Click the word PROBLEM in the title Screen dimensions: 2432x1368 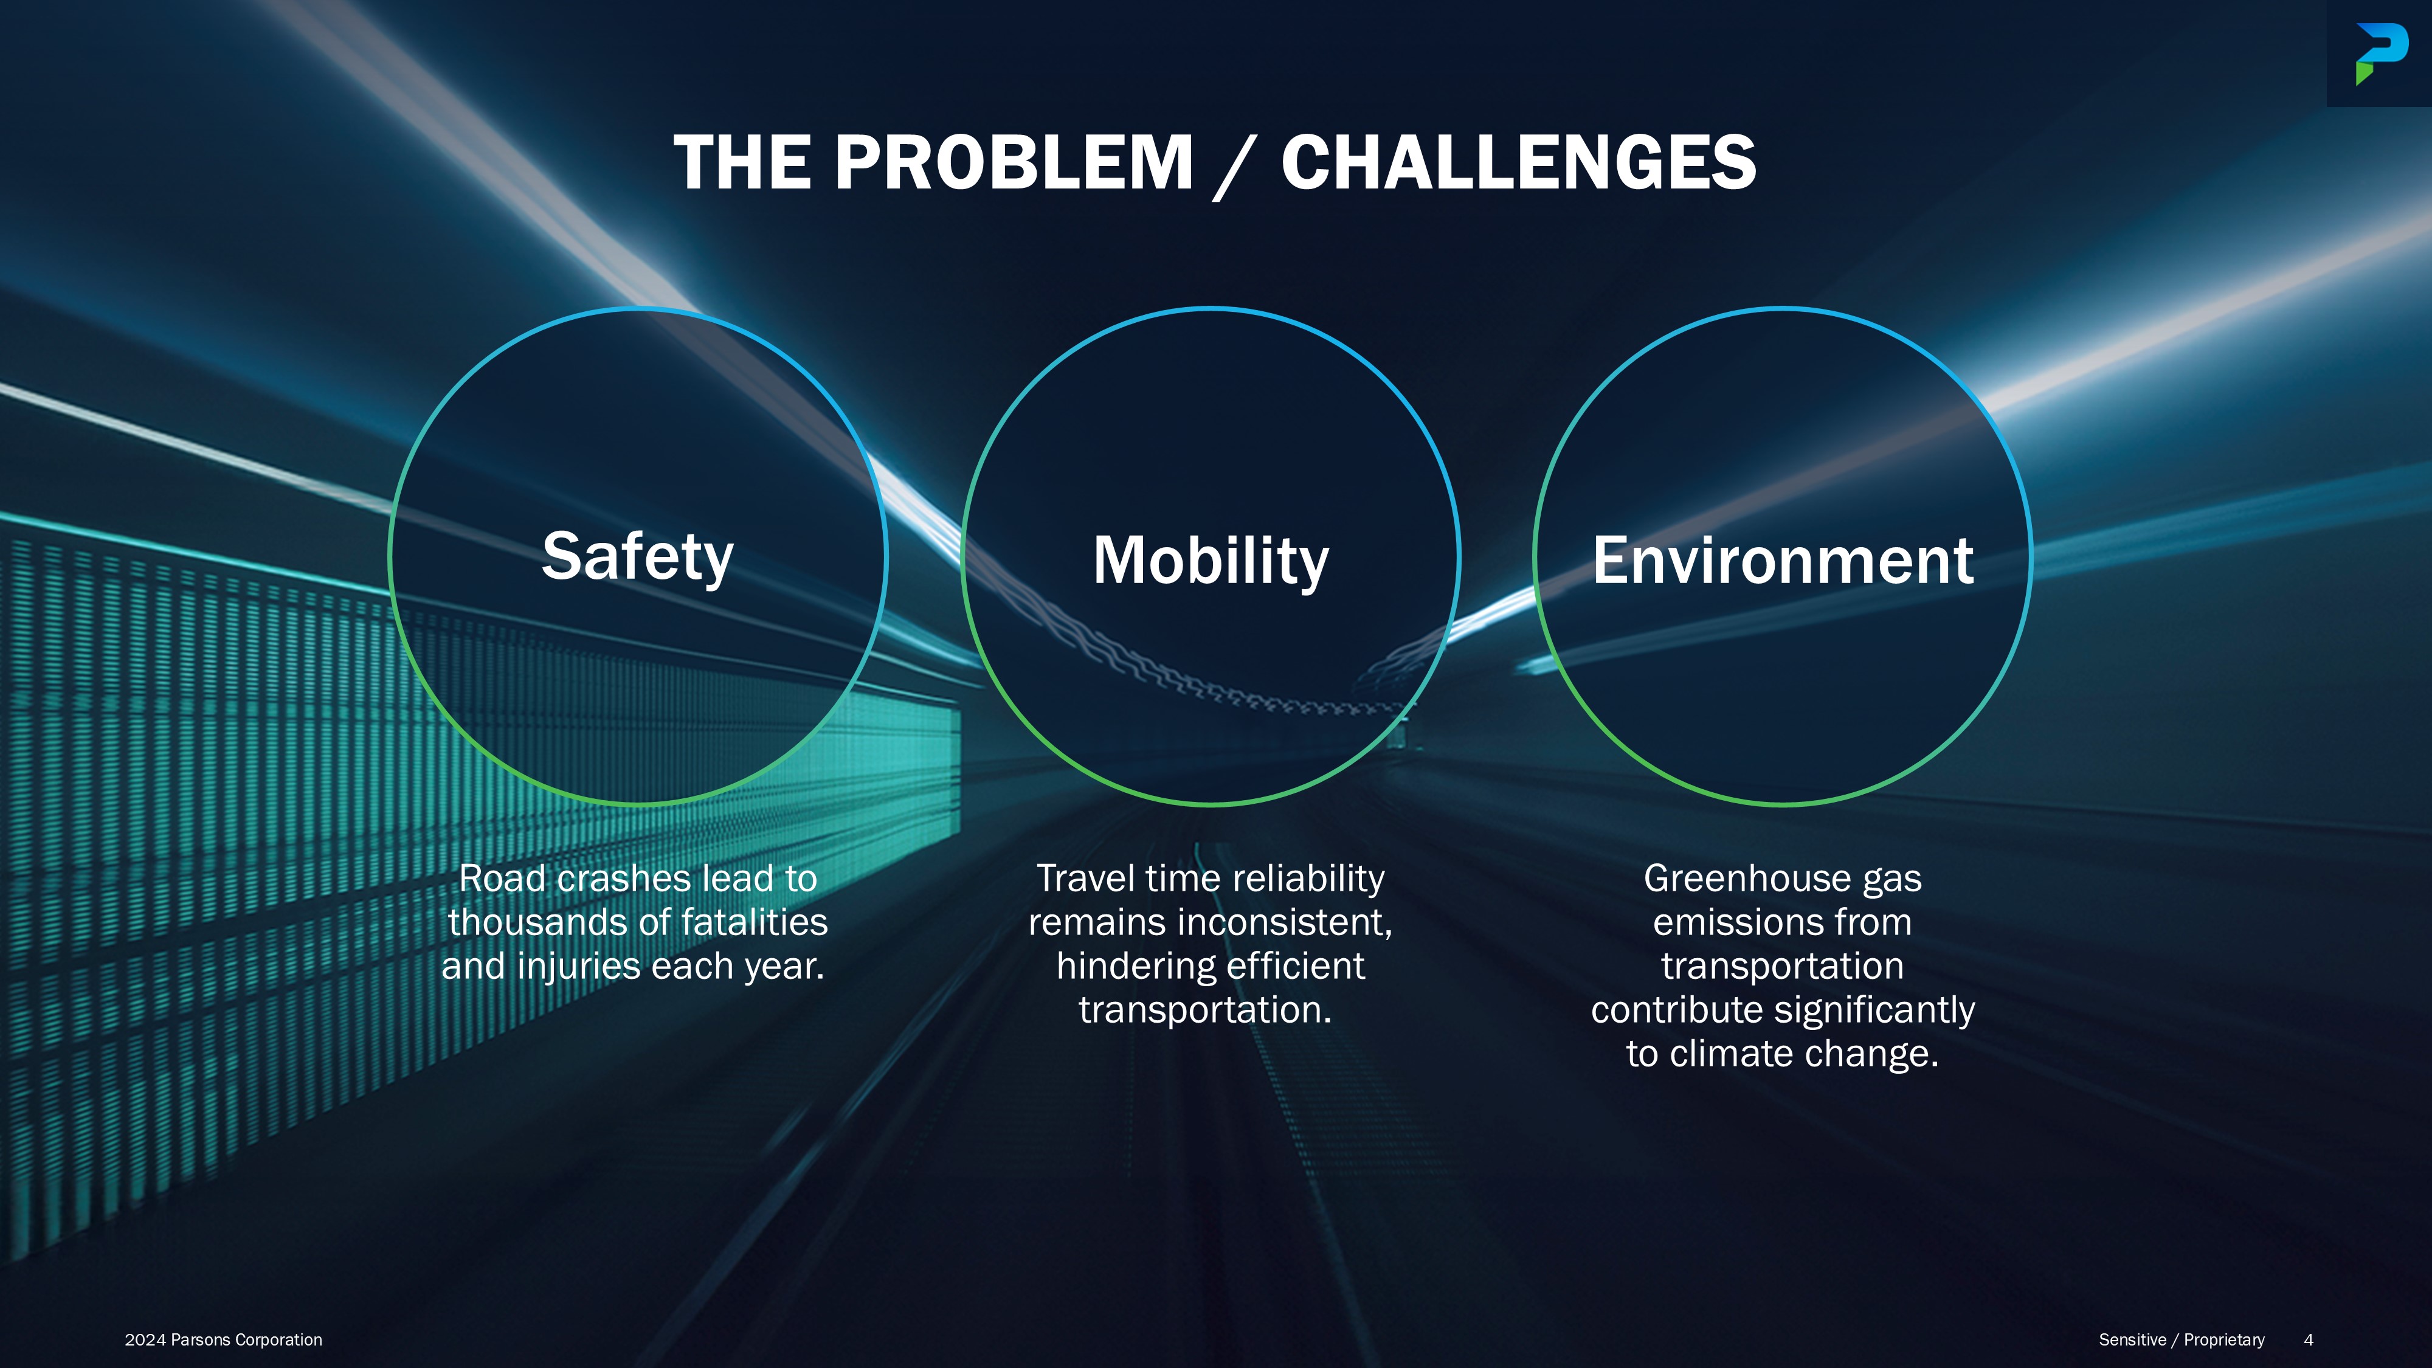tap(1015, 162)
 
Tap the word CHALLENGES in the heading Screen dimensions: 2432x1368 tap(1518, 162)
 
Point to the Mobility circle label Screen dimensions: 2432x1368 tap(1211, 561)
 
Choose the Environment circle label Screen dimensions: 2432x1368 tap(1783, 561)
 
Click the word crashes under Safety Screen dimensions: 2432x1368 tap(623, 879)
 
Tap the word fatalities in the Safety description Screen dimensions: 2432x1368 tap(755, 922)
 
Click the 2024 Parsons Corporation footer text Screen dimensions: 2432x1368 tap(224, 1339)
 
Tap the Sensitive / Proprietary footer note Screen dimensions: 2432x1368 tap(2181, 1339)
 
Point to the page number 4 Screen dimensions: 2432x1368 tap(2309, 1339)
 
